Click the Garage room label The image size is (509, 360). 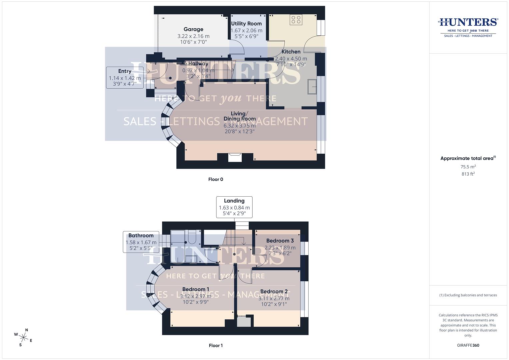click(x=193, y=29)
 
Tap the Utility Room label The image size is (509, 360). click(x=246, y=24)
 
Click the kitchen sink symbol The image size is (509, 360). click(x=312, y=87)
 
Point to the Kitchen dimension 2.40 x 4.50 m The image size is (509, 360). click(x=291, y=59)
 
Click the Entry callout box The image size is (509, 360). click(x=125, y=77)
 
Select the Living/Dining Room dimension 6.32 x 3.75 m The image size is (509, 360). click(x=239, y=126)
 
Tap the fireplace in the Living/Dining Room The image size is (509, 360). click(x=235, y=157)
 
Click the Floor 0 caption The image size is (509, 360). click(x=216, y=179)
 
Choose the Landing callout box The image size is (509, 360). click(x=234, y=207)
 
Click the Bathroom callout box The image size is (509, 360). click(x=141, y=242)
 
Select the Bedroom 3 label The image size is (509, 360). click(x=280, y=241)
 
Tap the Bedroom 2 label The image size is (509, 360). click(x=274, y=292)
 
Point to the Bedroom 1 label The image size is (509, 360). click(x=196, y=289)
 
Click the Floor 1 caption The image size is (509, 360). click(x=216, y=345)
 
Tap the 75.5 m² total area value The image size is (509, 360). click(x=468, y=167)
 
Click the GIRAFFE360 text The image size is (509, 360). click(x=468, y=345)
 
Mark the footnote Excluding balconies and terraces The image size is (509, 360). click(x=468, y=295)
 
